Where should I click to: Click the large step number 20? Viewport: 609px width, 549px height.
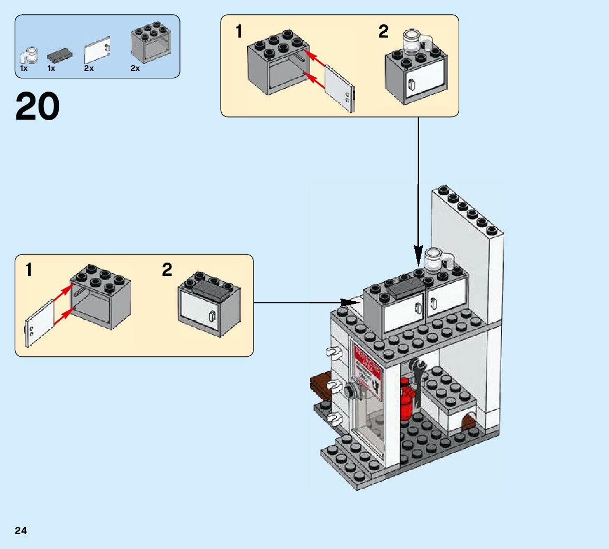tap(38, 107)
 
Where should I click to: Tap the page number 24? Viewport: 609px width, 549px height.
tap(21, 531)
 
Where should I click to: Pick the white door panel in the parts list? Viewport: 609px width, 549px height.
tap(97, 51)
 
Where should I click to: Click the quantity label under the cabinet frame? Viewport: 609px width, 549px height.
tap(135, 69)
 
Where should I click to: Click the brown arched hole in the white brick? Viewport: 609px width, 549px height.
tap(468, 422)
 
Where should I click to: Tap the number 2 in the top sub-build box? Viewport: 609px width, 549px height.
tap(383, 32)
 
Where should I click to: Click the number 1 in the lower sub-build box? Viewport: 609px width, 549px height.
tap(29, 270)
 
